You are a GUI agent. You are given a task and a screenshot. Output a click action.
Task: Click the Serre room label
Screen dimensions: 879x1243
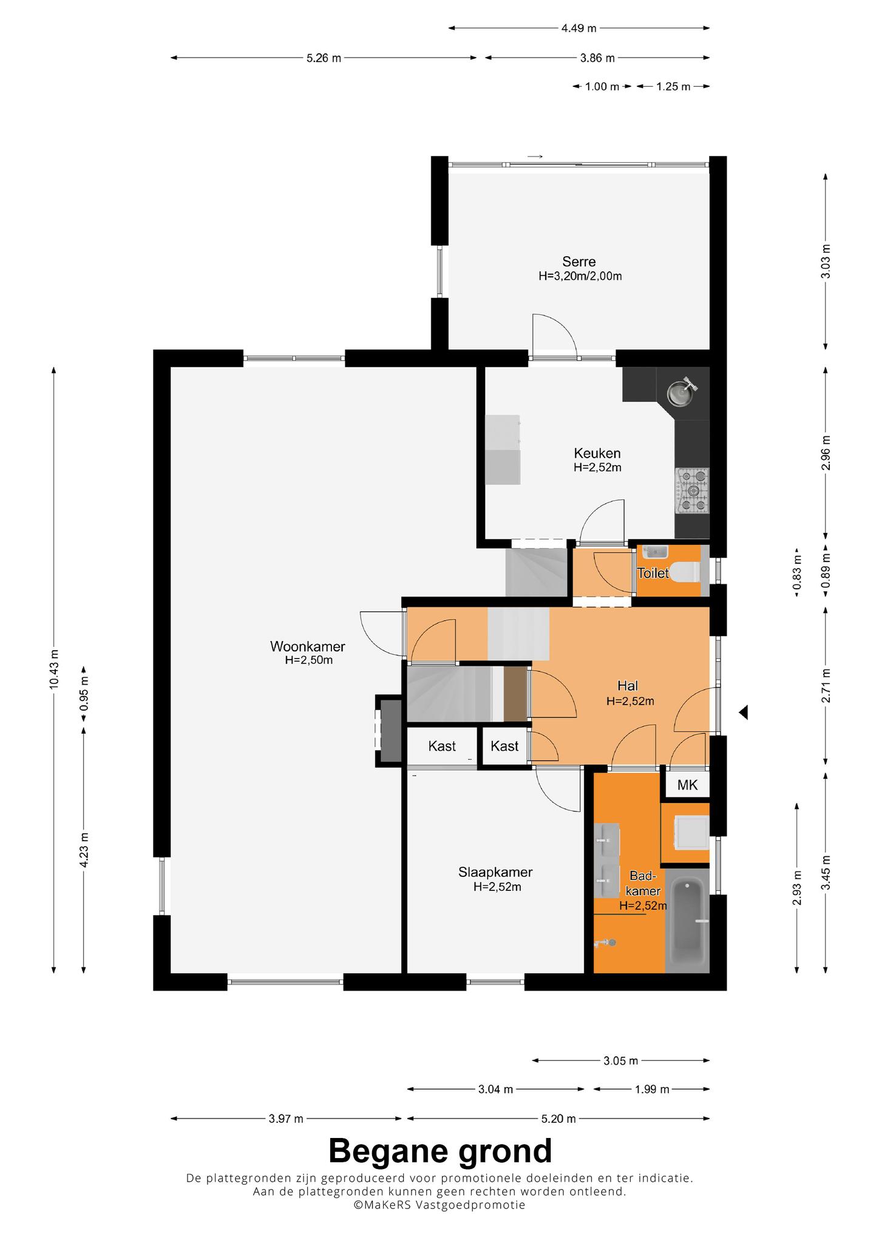(x=579, y=262)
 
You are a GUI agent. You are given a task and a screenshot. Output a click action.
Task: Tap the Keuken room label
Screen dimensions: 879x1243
(x=597, y=453)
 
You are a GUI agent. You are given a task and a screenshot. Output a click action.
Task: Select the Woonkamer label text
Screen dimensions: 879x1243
(x=308, y=646)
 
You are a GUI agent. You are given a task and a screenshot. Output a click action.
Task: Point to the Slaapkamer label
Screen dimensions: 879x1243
(x=495, y=873)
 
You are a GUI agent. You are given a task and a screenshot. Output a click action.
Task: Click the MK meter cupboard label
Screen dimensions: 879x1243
(x=687, y=785)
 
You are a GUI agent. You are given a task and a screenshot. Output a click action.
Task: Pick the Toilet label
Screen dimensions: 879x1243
(x=653, y=573)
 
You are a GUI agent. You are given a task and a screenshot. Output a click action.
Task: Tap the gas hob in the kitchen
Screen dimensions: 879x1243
(x=693, y=491)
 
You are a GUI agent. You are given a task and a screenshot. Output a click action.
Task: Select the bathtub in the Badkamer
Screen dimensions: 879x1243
(x=688, y=920)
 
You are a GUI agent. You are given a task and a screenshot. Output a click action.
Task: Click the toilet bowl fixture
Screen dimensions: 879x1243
(x=687, y=572)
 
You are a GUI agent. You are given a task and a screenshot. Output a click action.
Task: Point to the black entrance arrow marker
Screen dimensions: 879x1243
(x=743, y=713)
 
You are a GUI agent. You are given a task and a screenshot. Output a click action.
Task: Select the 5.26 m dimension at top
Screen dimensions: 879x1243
(x=324, y=58)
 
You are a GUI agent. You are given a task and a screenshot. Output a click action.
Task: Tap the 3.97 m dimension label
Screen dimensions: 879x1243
(x=286, y=1119)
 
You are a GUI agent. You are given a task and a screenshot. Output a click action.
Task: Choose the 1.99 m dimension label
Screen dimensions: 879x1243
(x=652, y=1089)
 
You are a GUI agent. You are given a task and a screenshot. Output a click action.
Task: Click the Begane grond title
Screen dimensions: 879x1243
(x=440, y=1150)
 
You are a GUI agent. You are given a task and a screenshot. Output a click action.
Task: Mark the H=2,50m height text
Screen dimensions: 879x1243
(x=309, y=660)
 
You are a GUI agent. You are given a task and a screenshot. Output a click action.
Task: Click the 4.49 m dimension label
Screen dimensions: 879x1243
(x=579, y=28)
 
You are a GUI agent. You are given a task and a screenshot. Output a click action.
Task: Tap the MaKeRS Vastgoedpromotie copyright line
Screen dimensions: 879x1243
(x=440, y=1205)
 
